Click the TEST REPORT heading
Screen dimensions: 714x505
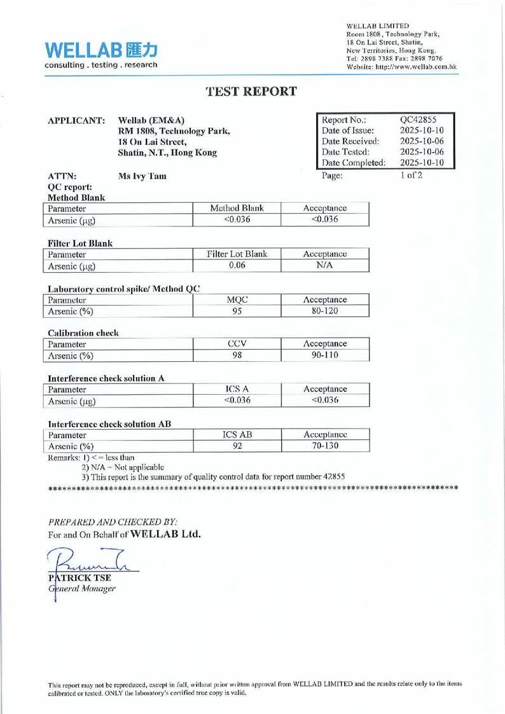(x=252, y=91)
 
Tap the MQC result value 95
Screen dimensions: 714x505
(x=237, y=312)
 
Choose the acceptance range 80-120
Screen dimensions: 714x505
(x=325, y=312)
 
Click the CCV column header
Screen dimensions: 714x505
(x=237, y=343)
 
